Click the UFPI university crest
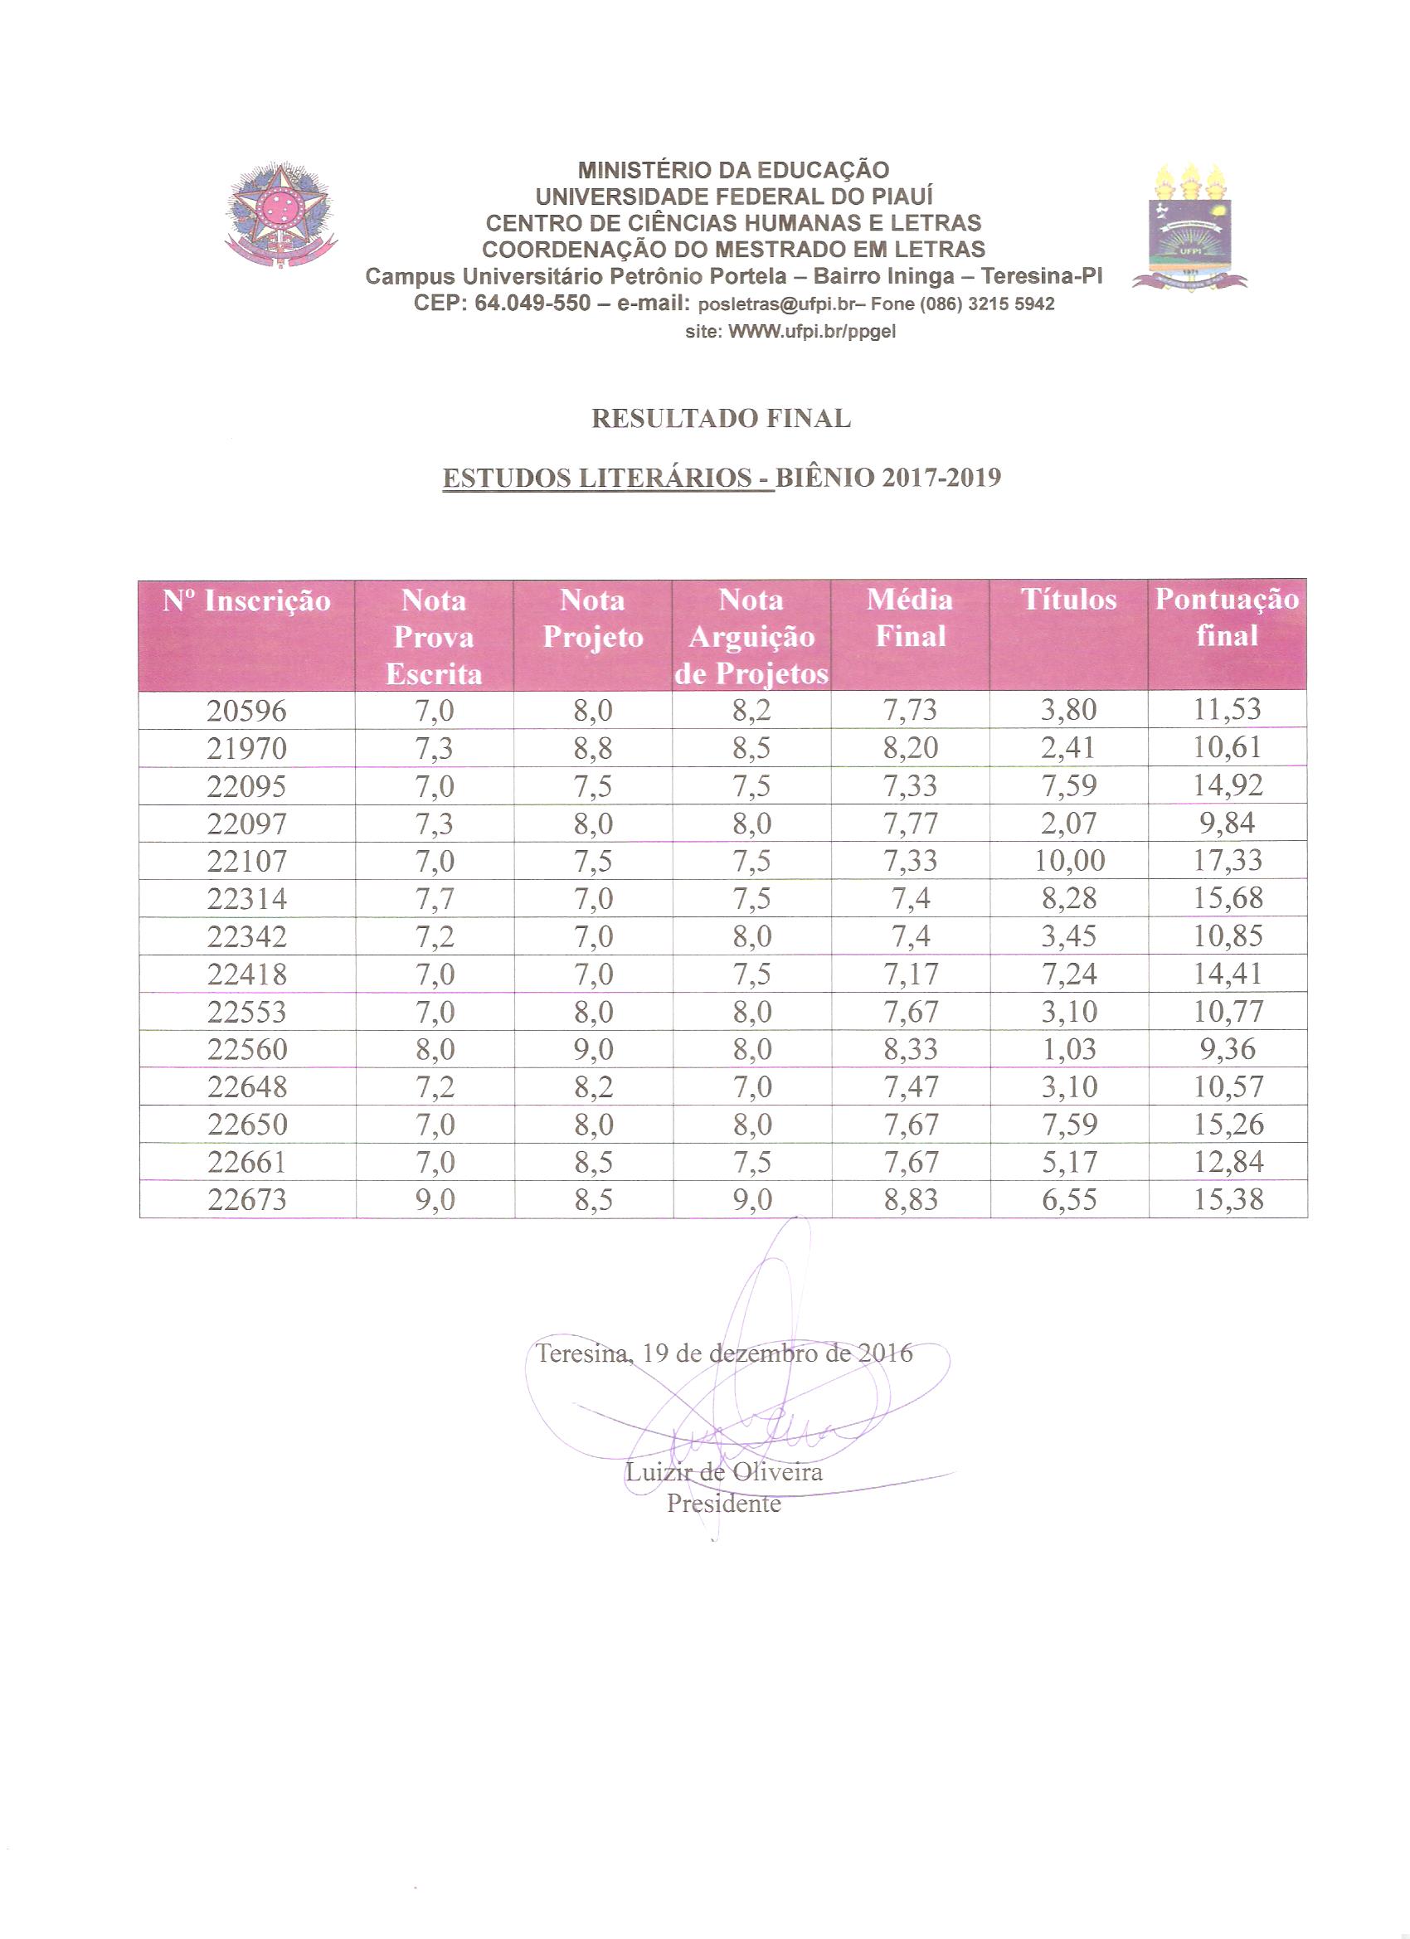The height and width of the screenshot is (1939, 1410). pyautogui.click(x=1190, y=226)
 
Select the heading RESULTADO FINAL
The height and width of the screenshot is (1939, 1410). pyautogui.click(x=721, y=419)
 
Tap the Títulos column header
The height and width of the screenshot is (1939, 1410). pyautogui.click(x=1068, y=600)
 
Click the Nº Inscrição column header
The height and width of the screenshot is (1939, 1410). pyautogui.click(x=247, y=601)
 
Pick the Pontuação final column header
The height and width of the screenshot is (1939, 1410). pyautogui.click(x=1227, y=616)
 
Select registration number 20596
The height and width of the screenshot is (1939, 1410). pyautogui.click(x=247, y=711)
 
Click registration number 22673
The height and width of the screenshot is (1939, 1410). pyautogui.click(x=247, y=1199)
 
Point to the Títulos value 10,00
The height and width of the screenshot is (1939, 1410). pyautogui.click(x=1069, y=861)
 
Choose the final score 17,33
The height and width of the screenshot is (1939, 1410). pyautogui.click(x=1228, y=861)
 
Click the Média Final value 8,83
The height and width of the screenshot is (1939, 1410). pyautogui.click(x=911, y=1199)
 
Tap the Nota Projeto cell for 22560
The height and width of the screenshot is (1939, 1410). pyautogui.click(x=593, y=1049)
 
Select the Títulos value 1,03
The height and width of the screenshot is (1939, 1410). pyautogui.click(x=1069, y=1049)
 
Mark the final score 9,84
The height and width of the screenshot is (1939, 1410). pyautogui.click(x=1228, y=824)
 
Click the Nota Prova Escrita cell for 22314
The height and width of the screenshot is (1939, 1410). pyautogui.click(x=435, y=898)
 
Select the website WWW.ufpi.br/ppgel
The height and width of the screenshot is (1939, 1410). pyautogui.click(x=811, y=332)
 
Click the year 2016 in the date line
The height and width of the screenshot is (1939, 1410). pyautogui.click(x=885, y=1353)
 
